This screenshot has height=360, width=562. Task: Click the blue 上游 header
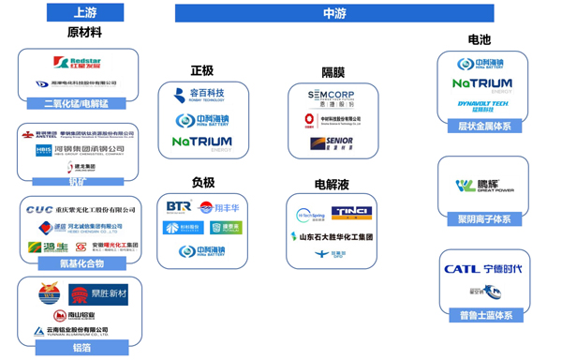point(84,12)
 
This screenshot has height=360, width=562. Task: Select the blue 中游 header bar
point(333,12)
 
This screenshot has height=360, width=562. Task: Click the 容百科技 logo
point(200,94)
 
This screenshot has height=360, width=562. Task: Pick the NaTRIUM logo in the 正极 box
point(201,143)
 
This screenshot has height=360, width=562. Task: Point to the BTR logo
point(178,206)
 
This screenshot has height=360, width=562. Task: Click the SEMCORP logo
point(333,95)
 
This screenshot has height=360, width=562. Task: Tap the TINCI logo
point(351,214)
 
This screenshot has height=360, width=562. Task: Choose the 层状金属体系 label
point(483,125)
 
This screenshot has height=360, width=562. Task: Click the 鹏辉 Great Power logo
point(483,186)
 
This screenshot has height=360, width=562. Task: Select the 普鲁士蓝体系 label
point(483,316)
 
